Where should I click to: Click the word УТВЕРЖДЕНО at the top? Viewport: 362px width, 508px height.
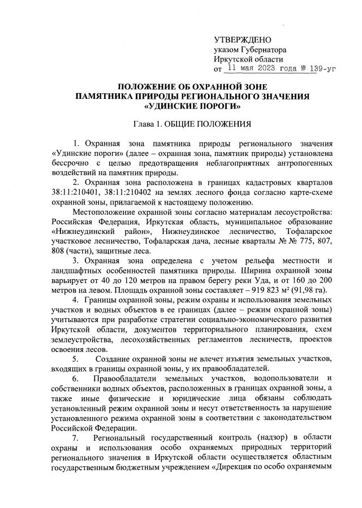point(243,40)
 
